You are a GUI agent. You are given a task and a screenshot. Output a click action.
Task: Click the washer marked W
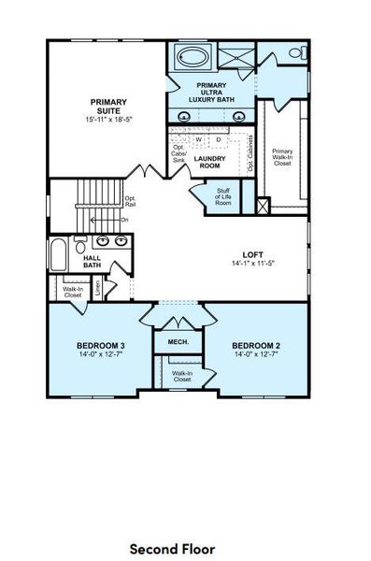(x=198, y=139)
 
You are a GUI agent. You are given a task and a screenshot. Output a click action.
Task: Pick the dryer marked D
(x=219, y=139)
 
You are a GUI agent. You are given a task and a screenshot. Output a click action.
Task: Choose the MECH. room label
(x=178, y=342)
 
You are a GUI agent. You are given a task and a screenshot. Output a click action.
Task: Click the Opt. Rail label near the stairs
(x=130, y=201)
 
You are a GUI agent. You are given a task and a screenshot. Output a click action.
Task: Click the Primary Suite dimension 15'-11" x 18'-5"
(x=108, y=120)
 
